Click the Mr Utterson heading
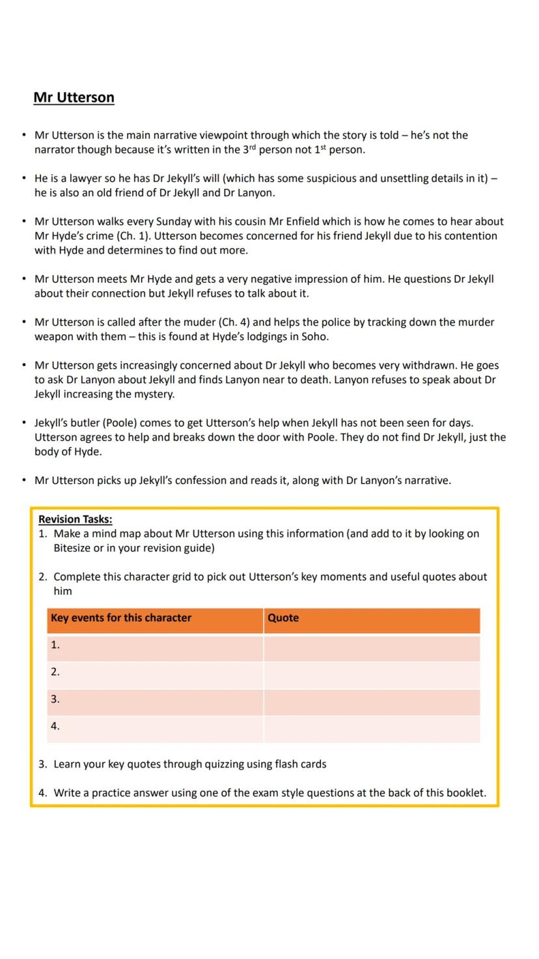(74, 98)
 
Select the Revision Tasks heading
(75, 519)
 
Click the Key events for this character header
(121, 618)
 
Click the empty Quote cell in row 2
(372, 672)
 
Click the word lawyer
(83, 179)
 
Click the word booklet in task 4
(466, 793)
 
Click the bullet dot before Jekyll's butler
(24, 423)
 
